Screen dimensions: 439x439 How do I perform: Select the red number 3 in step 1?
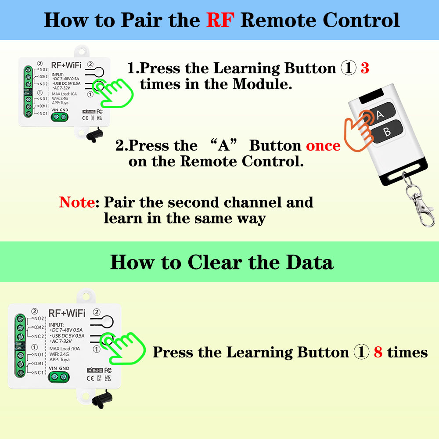(364, 68)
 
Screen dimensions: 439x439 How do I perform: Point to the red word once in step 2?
(323, 145)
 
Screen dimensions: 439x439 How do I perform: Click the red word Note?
(79, 202)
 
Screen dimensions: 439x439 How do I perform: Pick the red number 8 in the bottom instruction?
(378, 352)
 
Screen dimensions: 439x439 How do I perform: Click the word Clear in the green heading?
(215, 263)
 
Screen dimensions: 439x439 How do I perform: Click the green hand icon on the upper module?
(115, 91)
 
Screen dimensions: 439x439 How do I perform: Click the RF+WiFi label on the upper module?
(66, 65)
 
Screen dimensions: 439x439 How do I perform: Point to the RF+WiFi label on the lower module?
(66, 313)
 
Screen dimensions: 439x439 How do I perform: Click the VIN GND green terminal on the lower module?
(58, 377)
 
